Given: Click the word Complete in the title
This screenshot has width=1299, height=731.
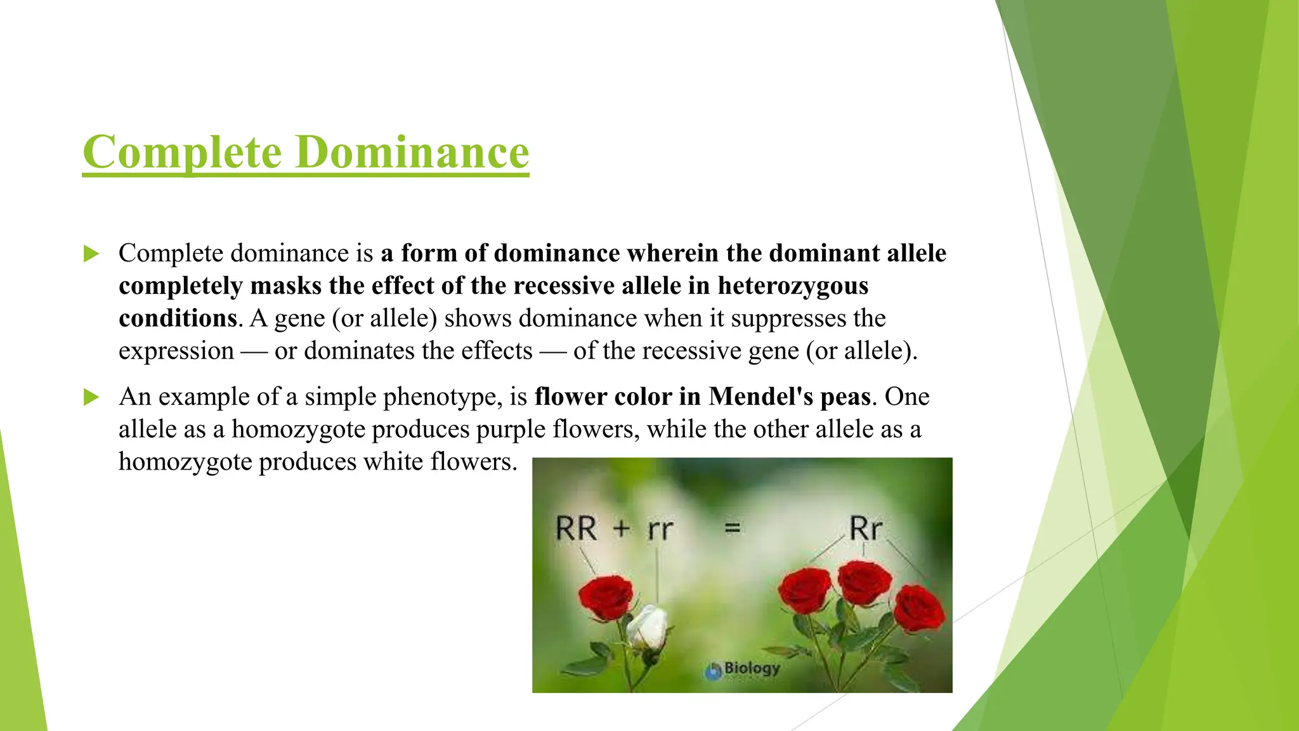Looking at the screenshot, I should [182, 152].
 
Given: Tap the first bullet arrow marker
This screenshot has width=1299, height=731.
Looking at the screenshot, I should [91, 254].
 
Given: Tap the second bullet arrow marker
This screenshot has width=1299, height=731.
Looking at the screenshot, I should [91, 398].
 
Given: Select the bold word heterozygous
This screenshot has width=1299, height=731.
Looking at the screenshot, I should [793, 286].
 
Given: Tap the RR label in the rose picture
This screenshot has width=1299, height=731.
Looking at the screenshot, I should [576, 529].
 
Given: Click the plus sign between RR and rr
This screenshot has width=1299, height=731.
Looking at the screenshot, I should [622, 528].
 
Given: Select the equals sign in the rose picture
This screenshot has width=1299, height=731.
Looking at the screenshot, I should [733, 527].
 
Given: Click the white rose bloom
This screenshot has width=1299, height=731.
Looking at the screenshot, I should [648, 626].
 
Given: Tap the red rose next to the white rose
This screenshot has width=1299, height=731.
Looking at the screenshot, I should [606, 596].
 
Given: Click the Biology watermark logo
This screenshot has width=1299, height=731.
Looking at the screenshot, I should [743, 669].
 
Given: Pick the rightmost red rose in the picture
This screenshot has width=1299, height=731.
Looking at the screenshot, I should [918, 608].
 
